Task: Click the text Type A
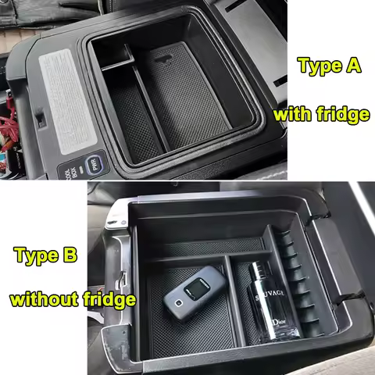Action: click(x=329, y=66)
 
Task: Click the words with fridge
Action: click(x=320, y=115)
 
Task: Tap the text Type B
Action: click(x=45, y=255)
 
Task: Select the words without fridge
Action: click(x=73, y=299)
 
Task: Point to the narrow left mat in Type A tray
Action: click(x=134, y=121)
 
